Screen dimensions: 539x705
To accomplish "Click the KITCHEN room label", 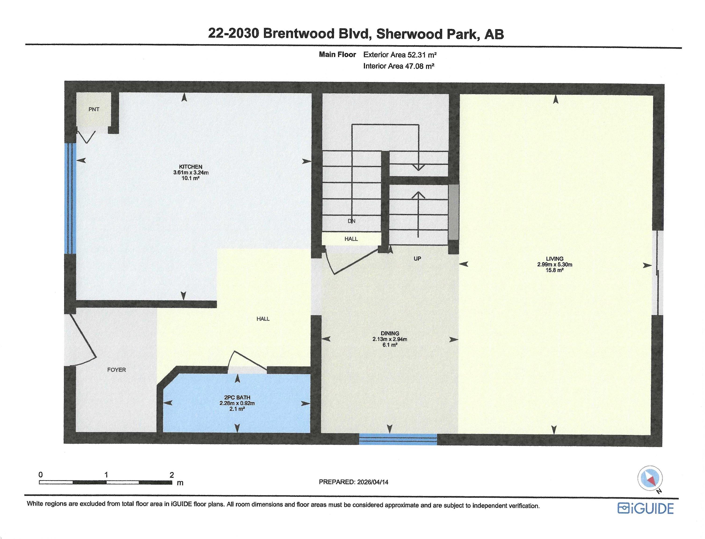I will pos(191,167).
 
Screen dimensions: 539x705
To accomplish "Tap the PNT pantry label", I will pos(94,109).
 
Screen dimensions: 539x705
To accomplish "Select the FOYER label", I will pos(116,370).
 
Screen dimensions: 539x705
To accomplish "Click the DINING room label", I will pos(390,333).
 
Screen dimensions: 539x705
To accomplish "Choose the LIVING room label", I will pos(555,259).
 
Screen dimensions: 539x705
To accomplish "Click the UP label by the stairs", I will pos(417,259).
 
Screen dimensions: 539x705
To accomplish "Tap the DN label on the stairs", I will pos(352,221).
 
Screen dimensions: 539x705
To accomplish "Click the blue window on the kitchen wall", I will pos(70,199).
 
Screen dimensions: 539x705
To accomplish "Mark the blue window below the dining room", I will pos(398,439).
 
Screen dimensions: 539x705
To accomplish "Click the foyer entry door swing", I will pos(82,340).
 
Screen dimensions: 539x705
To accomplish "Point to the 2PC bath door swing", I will pos(247,361).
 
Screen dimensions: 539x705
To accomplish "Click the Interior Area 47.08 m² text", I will pos(399,66).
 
